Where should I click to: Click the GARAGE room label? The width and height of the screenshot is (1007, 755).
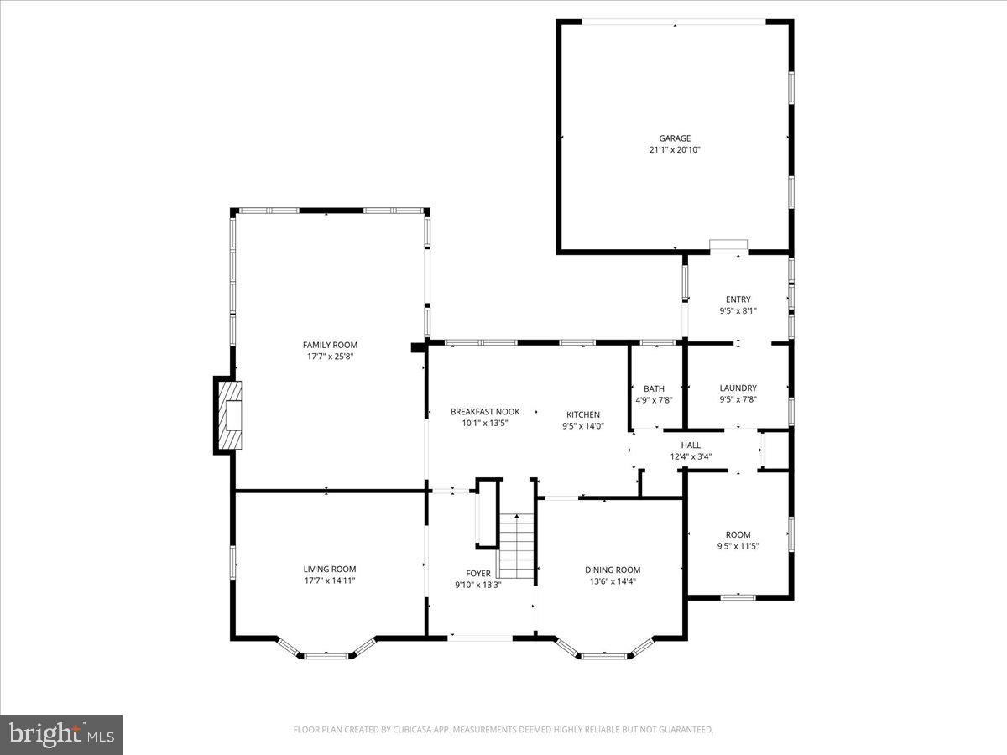pyautogui.click(x=675, y=138)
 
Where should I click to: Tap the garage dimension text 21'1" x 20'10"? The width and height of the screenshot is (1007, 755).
pyautogui.click(x=675, y=150)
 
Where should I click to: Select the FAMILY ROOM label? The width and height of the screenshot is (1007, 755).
pyautogui.click(x=330, y=345)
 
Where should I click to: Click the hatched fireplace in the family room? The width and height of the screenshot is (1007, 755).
pyautogui.click(x=228, y=416)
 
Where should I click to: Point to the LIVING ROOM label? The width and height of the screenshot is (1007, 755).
pyautogui.click(x=330, y=569)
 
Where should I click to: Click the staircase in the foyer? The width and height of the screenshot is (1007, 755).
pyautogui.click(x=518, y=546)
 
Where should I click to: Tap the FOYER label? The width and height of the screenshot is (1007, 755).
pyautogui.click(x=478, y=574)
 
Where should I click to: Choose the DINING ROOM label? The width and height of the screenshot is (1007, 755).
pyautogui.click(x=613, y=570)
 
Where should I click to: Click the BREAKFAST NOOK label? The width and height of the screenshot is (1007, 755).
pyautogui.click(x=485, y=412)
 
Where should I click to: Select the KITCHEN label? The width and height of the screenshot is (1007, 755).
pyautogui.click(x=583, y=414)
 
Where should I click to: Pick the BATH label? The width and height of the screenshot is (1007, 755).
pyautogui.click(x=654, y=388)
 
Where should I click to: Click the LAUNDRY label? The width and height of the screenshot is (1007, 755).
pyautogui.click(x=738, y=388)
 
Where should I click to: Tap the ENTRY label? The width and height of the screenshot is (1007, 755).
pyautogui.click(x=738, y=299)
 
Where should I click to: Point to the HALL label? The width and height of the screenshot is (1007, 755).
pyautogui.click(x=691, y=445)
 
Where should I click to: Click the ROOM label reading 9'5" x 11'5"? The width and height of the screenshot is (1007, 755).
pyautogui.click(x=738, y=534)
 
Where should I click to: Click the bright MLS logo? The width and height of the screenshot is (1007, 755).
pyautogui.click(x=61, y=734)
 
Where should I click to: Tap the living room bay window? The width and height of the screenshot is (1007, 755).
pyautogui.click(x=326, y=653)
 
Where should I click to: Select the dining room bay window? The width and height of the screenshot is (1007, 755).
pyautogui.click(x=604, y=653)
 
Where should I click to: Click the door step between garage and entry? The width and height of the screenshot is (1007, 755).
pyautogui.click(x=728, y=245)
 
